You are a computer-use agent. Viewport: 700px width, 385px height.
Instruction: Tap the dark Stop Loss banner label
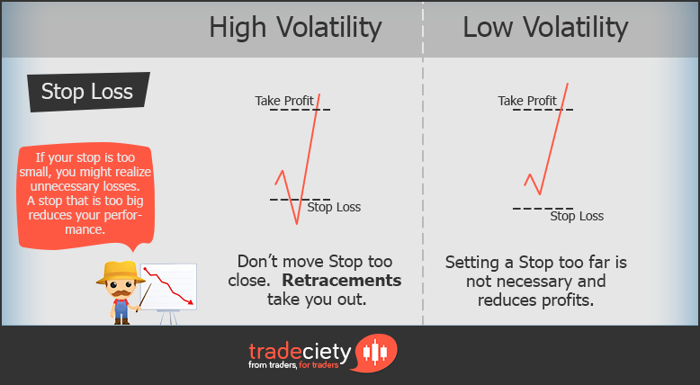[86, 91]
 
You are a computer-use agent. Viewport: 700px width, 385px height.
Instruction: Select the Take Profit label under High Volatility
[285, 101]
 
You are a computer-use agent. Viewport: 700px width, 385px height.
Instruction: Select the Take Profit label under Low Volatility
[527, 101]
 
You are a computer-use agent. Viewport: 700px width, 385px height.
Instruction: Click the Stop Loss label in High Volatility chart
[334, 207]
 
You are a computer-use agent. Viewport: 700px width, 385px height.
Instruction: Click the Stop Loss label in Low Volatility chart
[577, 216]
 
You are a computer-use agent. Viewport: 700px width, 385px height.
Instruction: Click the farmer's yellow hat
[121, 270]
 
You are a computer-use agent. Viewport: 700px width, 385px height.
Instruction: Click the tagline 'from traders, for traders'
[300, 367]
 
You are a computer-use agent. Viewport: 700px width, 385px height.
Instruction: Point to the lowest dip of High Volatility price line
[294, 224]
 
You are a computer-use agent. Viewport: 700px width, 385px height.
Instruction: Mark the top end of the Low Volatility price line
[568, 83]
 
